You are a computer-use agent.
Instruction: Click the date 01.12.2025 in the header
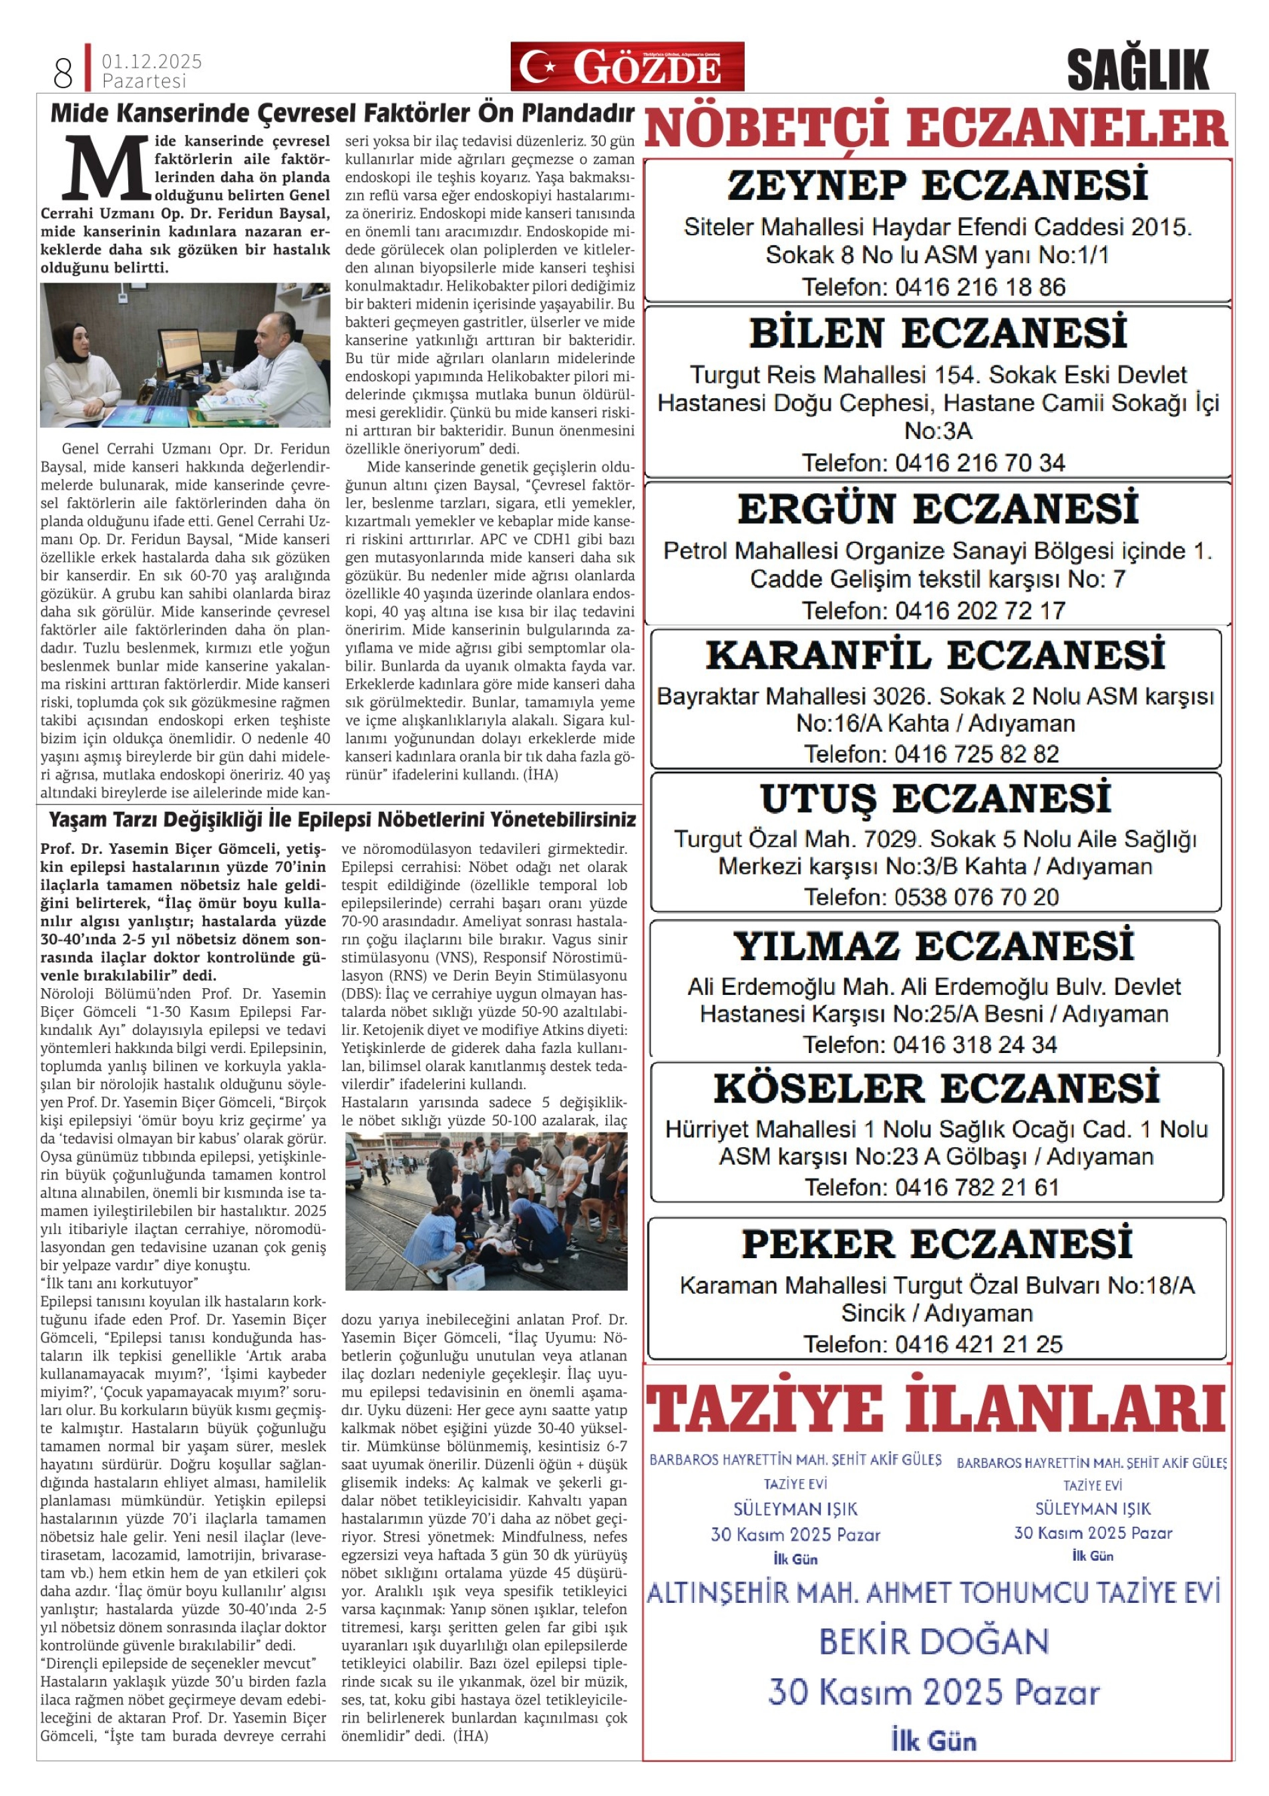(x=152, y=61)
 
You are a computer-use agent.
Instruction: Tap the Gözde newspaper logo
(x=627, y=67)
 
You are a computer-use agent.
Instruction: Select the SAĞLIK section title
(x=1137, y=70)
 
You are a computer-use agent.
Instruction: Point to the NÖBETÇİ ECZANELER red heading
(x=936, y=128)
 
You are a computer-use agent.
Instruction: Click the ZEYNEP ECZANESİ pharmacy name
(x=938, y=186)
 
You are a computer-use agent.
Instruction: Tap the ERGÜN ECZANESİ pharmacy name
(x=938, y=509)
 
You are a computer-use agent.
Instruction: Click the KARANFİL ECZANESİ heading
(x=935, y=655)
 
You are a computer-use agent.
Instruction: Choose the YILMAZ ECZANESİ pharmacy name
(x=934, y=947)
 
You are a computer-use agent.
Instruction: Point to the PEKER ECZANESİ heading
(x=936, y=1245)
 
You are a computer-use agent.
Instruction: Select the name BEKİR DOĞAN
(x=934, y=1641)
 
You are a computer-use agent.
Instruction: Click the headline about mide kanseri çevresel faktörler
(x=342, y=114)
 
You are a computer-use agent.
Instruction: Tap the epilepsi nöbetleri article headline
(x=342, y=820)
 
